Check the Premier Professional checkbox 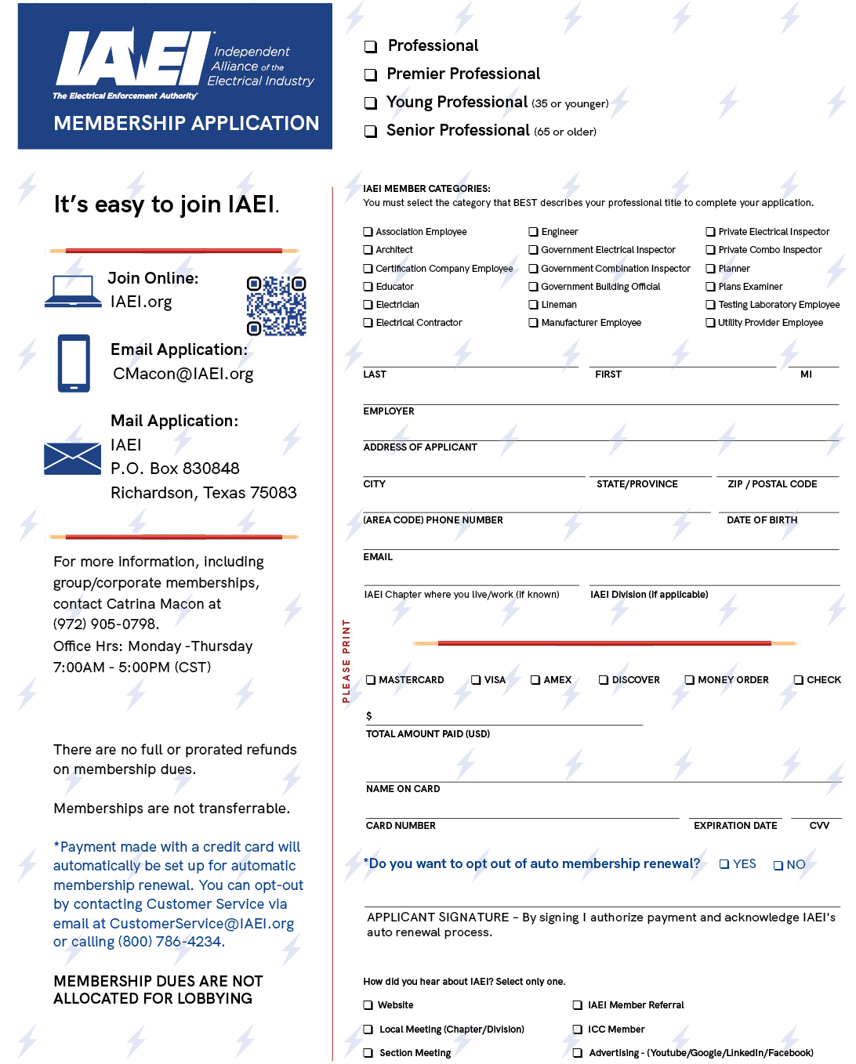(371, 75)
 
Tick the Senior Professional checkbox (371, 132)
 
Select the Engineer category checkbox (533, 232)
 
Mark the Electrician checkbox (368, 305)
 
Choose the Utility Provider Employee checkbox (710, 323)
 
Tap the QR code (276, 306)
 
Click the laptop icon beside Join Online (72, 291)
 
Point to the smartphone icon (74, 363)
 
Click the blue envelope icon (72, 458)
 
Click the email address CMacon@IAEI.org (183, 374)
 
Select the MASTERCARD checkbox (371, 680)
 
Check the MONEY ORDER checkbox (689, 680)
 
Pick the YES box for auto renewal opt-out (724, 864)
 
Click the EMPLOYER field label (389, 411)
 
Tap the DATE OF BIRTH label (761, 520)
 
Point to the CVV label (819, 826)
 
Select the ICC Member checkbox (577, 1030)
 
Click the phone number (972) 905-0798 (106, 624)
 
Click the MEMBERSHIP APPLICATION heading (187, 124)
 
